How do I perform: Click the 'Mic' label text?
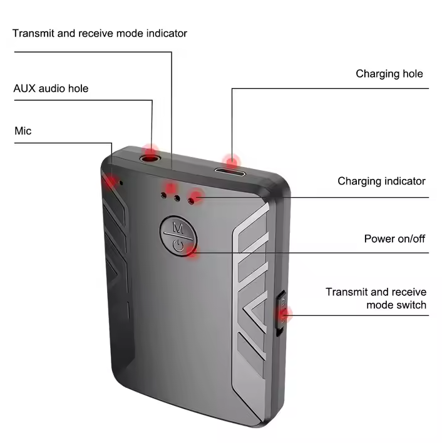(x=23, y=131)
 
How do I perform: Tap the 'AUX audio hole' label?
(x=51, y=88)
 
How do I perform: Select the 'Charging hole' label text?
(x=389, y=74)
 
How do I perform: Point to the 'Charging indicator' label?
(x=381, y=181)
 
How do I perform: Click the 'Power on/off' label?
(x=394, y=239)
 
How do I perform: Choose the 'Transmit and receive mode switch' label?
(x=376, y=298)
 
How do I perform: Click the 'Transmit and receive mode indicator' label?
(x=100, y=33)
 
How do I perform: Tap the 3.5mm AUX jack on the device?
(x=151, y=158)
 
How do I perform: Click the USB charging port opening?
(x=230, y=172)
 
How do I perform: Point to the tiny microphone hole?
(x=121, y=183)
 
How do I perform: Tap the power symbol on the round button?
(x=178, y=245)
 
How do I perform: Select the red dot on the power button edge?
(x=193, y=251)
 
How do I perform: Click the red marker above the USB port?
(x=232, y=161)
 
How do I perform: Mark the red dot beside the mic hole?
(x=111, y=181)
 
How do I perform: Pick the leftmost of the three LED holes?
(x=163, y=195)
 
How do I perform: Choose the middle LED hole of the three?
(x=177, y=198)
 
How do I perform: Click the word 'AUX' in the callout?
(x=24, y=88)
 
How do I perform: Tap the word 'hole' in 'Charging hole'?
(x=413, y=74)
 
